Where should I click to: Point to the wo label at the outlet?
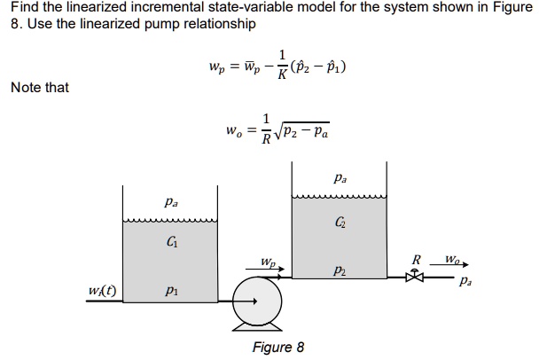[452, 260]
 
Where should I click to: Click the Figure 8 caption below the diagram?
[277, 347]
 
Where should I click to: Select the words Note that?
[40, 87]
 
